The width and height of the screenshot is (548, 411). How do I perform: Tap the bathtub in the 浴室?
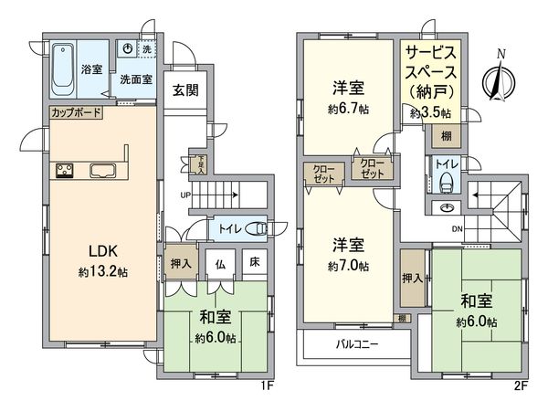click(x=64, y=69)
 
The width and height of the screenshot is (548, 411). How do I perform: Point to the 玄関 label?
click(x=182, y=90)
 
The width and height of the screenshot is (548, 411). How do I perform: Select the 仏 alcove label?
click(x=221, y=262)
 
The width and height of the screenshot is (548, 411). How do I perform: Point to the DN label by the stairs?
click(x=459, y=229)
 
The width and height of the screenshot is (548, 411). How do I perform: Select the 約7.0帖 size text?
click(x=348, y=267)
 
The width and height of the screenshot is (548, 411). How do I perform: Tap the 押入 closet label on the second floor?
click(x=412, y=278)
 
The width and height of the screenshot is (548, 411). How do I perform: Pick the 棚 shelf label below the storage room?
click(x=446, y=137)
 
